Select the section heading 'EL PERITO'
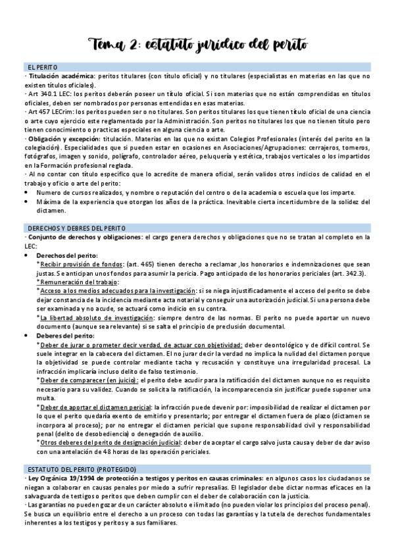click(43, 68)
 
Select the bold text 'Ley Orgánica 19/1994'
click(61, 477)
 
